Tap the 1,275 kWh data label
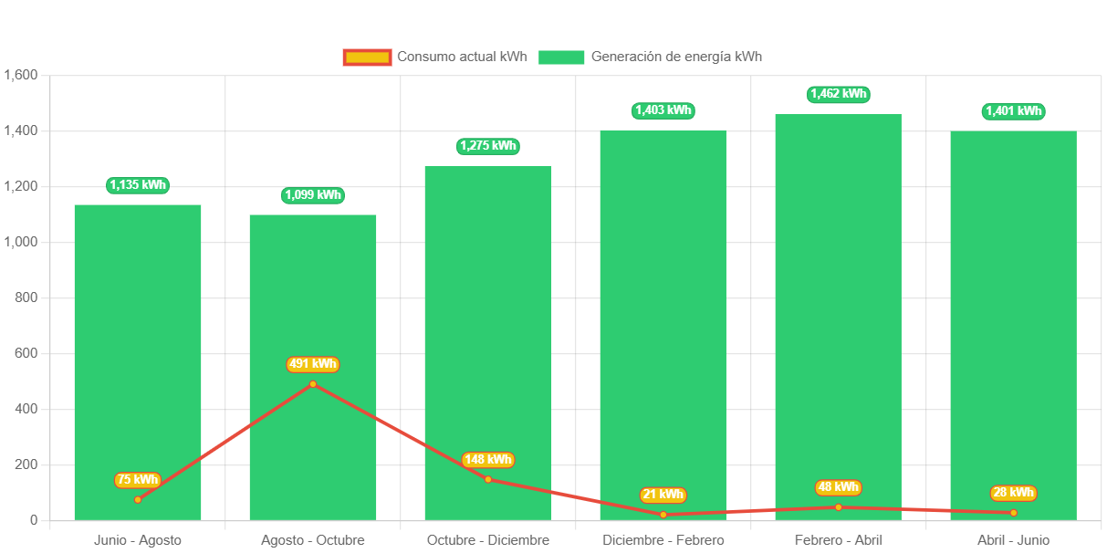(488, 146)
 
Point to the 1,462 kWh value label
(838, 94)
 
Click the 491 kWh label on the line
(313, 364)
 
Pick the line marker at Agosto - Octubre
(313, 384)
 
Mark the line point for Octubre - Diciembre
(488, 479)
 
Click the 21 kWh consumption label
(663, 495)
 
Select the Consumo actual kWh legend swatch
(367, 57)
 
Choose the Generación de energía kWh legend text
(676, 57)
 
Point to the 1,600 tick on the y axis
(20, 75)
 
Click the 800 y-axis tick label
(27, 297)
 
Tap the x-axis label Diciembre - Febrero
(663, 540)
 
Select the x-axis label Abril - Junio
(1013, 540)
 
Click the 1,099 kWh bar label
(313, 194)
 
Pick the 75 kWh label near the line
(138, 480)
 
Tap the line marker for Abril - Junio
(1013, 513)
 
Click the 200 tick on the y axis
(27, 464)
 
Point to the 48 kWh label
(838, 487)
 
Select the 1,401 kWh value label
(1013, 111)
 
